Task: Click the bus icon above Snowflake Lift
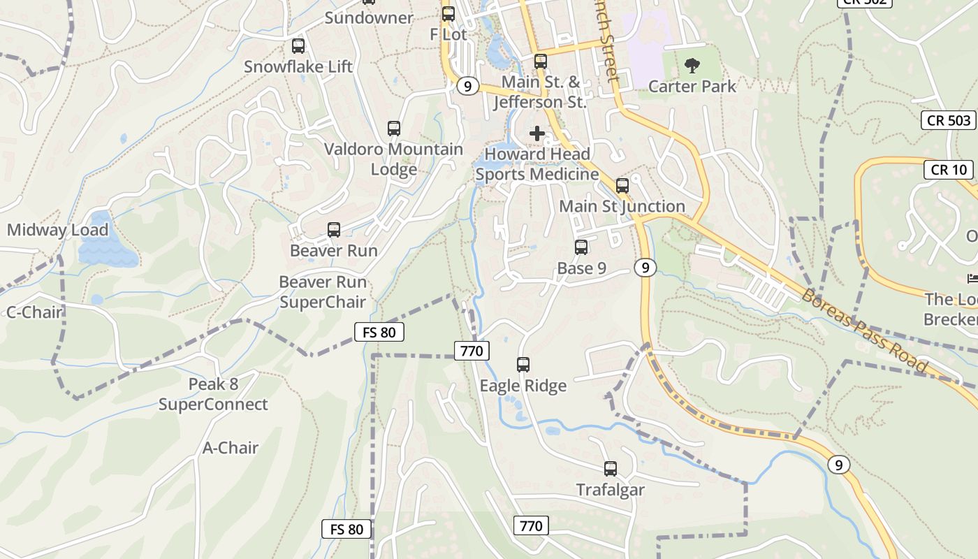(298, 46)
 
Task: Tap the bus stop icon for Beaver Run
(334, 230)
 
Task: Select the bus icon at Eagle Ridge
(523, 364)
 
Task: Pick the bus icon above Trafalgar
(611, 469)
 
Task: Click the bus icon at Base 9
(581, 247)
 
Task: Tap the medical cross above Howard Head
(537, 133)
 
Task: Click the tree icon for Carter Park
(692, 66)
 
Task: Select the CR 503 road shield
(949, 120)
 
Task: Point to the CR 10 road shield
(949, 169)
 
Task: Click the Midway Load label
(58, 230)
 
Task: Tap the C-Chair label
(35, 312)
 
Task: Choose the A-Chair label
(231, 448)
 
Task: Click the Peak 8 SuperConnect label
(213, 394)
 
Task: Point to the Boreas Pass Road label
(864, 331)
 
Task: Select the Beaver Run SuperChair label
(323, 292)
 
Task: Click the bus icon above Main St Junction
(622, 186)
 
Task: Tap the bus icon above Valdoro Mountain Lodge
(394, 129)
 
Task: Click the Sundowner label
(369, 18)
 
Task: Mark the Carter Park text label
(692, 87)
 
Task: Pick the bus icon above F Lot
(448, 14)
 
